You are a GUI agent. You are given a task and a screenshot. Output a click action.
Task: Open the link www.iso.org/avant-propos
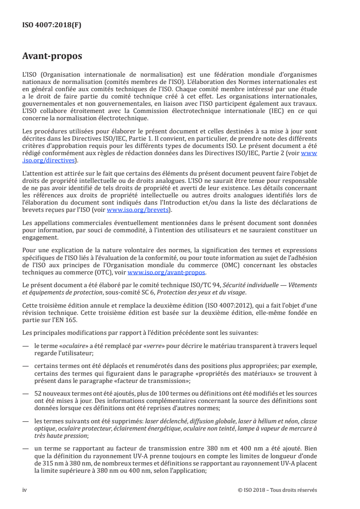pos(167,273)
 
